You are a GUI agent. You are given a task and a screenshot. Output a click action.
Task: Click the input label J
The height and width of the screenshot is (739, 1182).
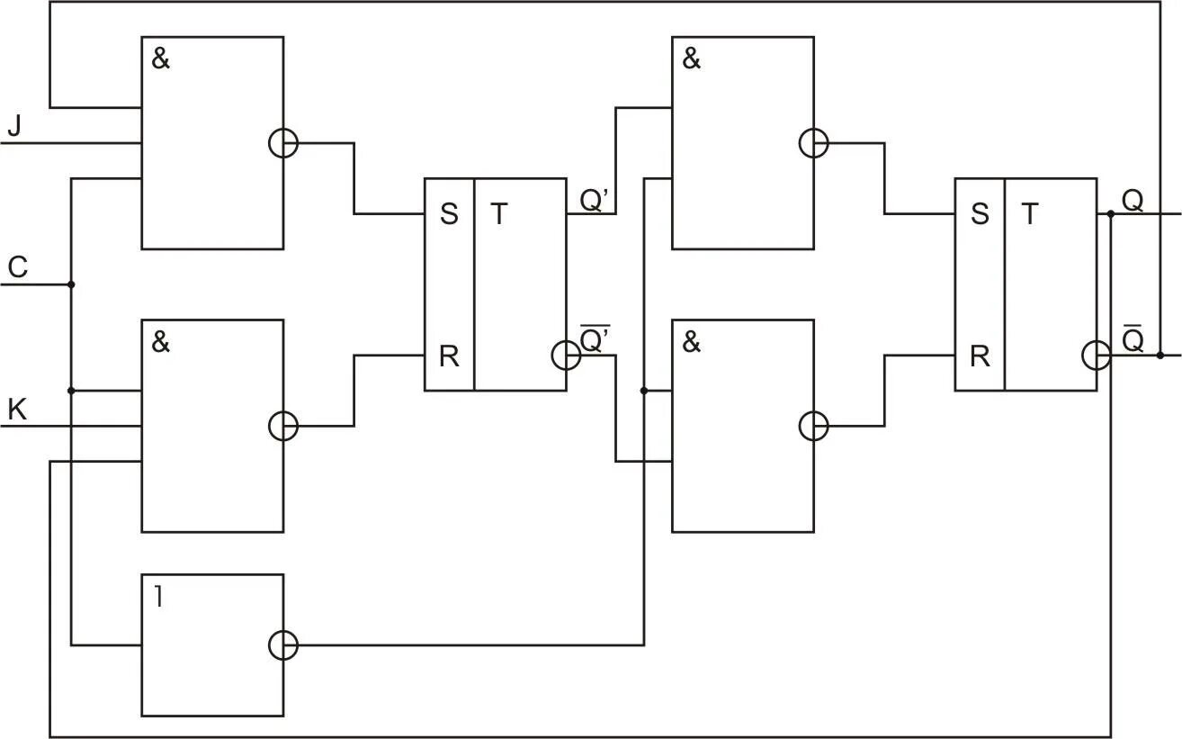tap(14, 126)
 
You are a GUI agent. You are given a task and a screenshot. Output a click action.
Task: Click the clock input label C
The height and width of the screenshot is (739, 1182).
tap(17, 267)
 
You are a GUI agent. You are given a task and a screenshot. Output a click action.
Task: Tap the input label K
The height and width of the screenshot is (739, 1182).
tap(17, 410)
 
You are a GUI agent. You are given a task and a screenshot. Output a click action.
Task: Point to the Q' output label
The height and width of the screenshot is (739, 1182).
tap(595, 201)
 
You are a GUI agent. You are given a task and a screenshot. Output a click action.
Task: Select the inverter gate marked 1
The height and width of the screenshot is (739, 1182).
tap(212, 644)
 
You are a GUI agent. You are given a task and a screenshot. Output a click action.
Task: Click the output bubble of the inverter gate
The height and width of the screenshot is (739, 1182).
tap(283, 644)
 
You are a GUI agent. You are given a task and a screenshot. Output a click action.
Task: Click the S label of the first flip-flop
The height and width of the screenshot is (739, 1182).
tap(448, 214)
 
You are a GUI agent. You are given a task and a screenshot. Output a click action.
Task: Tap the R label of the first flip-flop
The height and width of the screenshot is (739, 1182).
tap(448, 356)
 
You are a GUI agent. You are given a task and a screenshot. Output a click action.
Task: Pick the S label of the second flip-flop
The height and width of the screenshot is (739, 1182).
tap(979, 214)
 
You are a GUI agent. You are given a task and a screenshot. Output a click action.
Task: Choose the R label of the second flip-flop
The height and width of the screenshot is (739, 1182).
tap(979, 356)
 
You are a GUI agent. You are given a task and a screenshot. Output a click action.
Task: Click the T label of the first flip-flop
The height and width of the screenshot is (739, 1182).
tap(497, 214)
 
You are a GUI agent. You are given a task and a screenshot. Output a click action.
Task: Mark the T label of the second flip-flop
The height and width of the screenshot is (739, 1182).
tap(1028, 214)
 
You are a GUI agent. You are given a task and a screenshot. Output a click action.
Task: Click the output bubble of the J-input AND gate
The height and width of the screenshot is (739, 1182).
tap(283, 143)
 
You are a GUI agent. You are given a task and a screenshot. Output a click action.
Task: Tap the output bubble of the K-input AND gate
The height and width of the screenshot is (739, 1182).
tap(283, 426)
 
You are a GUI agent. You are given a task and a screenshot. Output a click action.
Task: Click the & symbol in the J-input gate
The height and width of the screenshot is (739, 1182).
tap(161, 60)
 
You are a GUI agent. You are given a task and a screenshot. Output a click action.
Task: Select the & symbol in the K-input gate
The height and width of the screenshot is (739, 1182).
tap(161, 343)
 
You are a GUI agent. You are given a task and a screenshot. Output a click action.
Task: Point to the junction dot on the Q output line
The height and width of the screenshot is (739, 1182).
tap(1111, 214)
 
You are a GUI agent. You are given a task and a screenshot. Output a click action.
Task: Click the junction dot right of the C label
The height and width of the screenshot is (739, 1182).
tap(71, 284)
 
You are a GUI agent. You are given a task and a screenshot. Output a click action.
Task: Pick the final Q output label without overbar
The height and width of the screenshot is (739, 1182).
tap(1133, 201)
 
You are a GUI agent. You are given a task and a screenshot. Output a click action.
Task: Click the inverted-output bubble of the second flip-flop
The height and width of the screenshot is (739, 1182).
tap(1097, 356)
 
